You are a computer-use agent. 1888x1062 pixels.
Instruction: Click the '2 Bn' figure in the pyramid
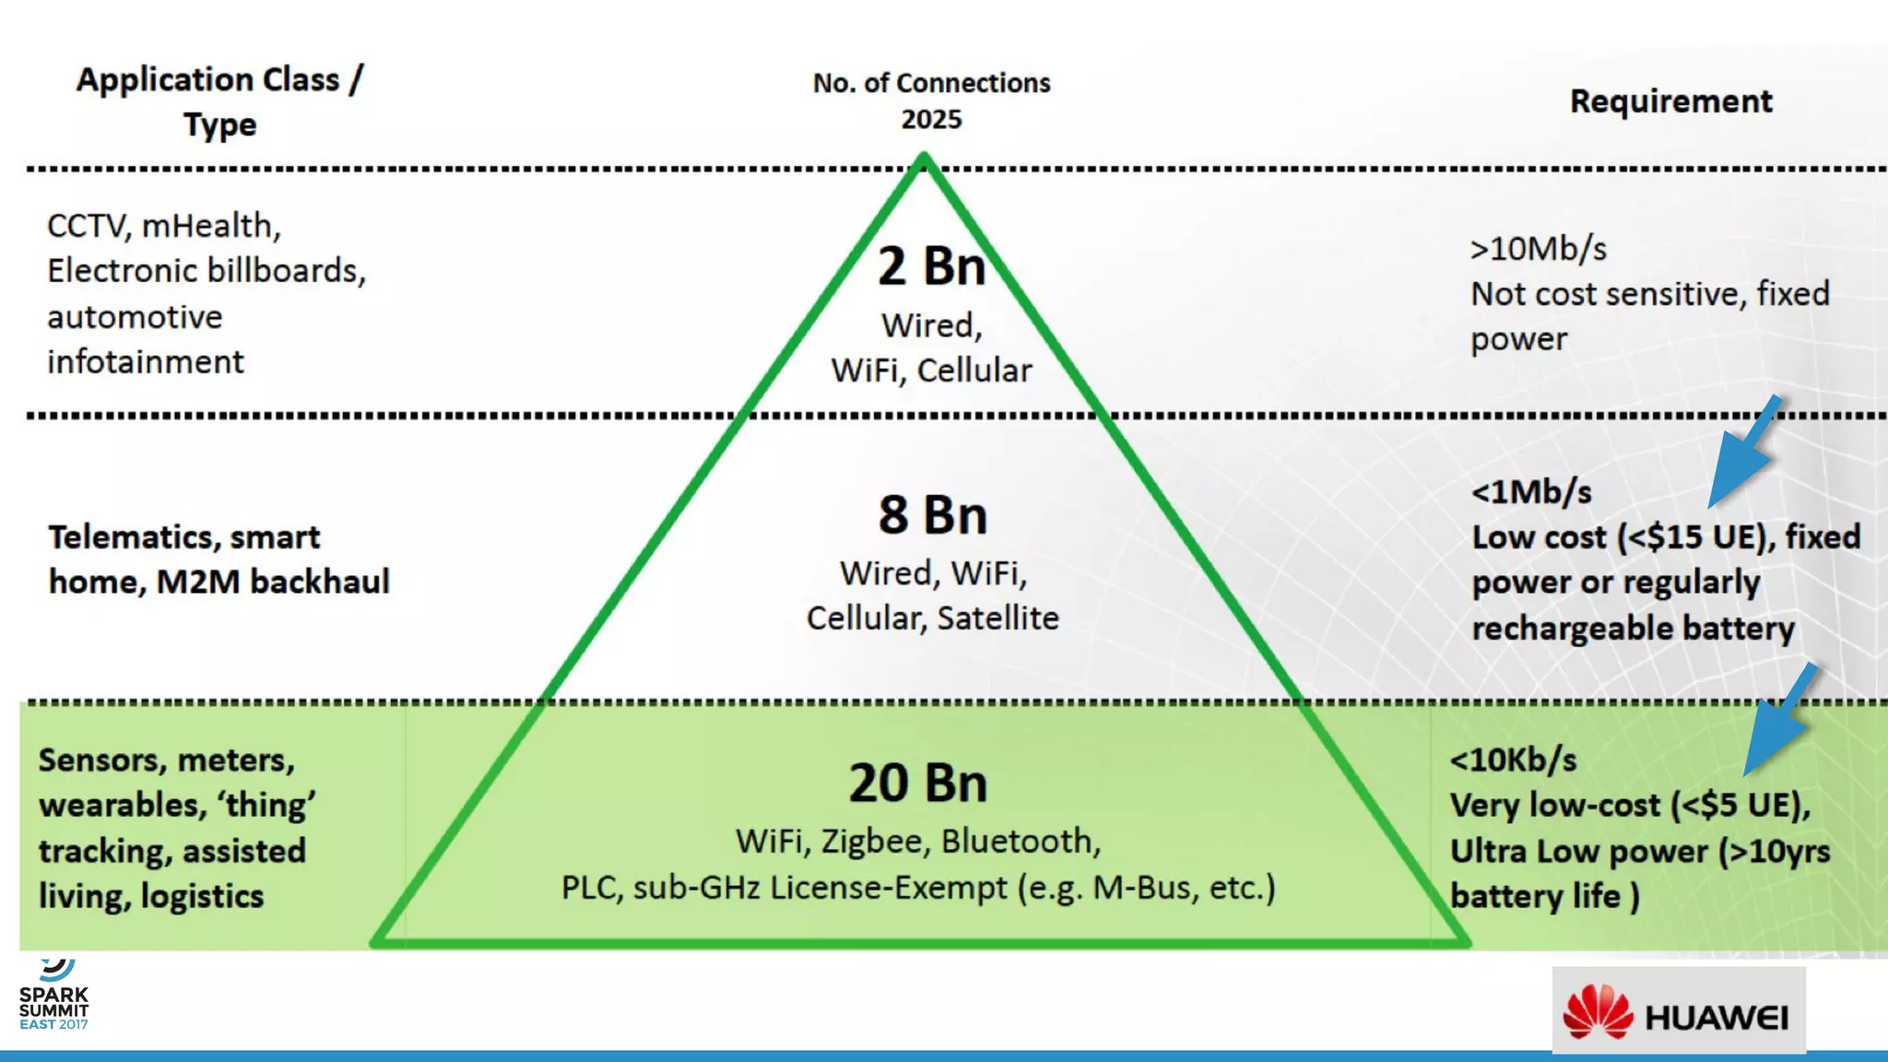[931, 266]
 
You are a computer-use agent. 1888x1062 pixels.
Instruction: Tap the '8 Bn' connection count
[932, 514]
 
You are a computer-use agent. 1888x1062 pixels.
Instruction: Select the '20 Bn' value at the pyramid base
[918, 783]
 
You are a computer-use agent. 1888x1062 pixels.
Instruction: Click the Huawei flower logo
[1598, 1012]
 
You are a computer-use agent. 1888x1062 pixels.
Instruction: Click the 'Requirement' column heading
[1670, 101]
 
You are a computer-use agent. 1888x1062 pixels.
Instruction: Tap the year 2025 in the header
[931, 120]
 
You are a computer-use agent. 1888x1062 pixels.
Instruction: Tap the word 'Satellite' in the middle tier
[997, 618]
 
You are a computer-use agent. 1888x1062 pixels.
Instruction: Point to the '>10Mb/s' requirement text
[1538, 249]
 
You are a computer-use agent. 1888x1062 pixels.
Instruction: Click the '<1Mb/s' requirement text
[1531, 492]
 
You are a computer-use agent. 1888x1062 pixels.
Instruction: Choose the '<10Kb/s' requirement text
[1513, 761]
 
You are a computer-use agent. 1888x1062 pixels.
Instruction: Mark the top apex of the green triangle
[924, 159]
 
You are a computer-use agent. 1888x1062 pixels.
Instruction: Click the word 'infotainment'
[146, 362]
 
